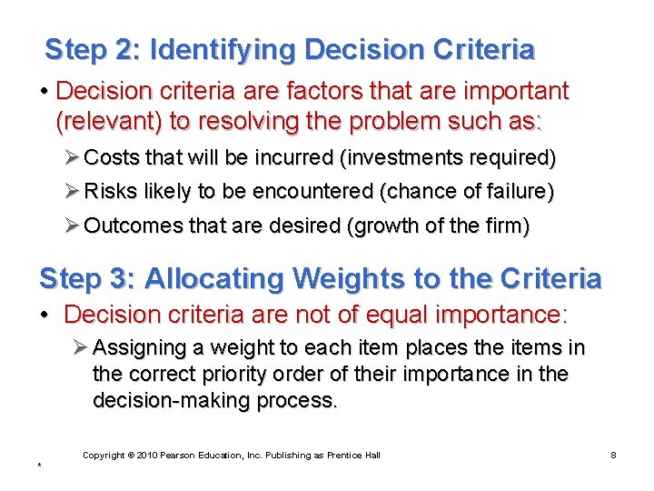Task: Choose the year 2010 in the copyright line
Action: [x=147, y=455]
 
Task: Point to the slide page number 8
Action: [x=613, y=455]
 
